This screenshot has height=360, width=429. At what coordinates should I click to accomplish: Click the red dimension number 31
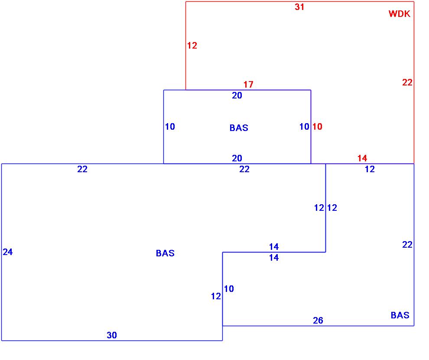tap(299, 7)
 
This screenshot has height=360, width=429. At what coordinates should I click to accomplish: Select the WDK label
tap(399, 14)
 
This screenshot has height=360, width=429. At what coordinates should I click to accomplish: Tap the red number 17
tap(248, 85)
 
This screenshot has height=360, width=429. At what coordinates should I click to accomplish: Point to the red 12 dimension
tap(192, 46)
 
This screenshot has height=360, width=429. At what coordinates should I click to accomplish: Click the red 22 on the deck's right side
tap(407, 82)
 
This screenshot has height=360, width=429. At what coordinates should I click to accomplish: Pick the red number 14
tap(362, 158)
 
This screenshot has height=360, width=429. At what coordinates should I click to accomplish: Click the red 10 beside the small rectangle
tap(317, 127)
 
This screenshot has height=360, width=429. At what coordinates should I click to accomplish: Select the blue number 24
tap(8, 252)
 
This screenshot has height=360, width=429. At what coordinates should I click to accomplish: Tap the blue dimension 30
tap(112, 335)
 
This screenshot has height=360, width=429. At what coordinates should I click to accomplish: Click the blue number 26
tap(318, 321)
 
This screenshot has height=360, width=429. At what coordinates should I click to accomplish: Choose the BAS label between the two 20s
tap(239, 128)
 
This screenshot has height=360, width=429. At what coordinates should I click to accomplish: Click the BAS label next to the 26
tap(400, 315)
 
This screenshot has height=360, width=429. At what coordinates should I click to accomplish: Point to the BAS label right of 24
tap(165, 253)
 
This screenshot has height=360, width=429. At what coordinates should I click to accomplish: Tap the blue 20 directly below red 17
tap(237, 95)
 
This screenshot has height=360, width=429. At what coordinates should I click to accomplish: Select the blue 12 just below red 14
tap(369, 169)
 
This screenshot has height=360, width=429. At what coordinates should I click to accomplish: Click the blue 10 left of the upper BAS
tap(170, 127)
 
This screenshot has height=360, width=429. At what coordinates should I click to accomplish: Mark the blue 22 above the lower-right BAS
tap(407, 245)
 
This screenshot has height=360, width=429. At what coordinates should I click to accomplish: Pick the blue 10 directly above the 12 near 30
tap(229, 288)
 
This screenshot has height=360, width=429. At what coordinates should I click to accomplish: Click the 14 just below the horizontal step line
tap(273, 258)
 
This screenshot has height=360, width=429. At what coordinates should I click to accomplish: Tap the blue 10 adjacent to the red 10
tap(304, 127)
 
